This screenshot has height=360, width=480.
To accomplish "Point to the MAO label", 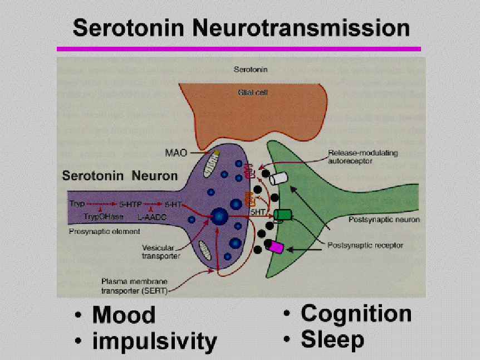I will (176, 152).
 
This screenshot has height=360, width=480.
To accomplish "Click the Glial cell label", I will (248, 92).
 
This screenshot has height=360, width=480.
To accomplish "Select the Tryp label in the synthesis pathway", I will (77, 204).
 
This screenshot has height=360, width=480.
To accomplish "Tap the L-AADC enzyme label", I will (149, 216).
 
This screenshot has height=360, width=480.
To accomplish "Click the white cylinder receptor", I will (278, 178).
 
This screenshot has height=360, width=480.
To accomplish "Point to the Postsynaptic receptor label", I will (366, 245).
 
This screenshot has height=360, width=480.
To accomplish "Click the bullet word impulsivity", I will (154, 340).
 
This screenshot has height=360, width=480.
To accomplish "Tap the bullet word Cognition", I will (356, 314).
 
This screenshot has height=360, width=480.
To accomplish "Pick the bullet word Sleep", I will (332, 339).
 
